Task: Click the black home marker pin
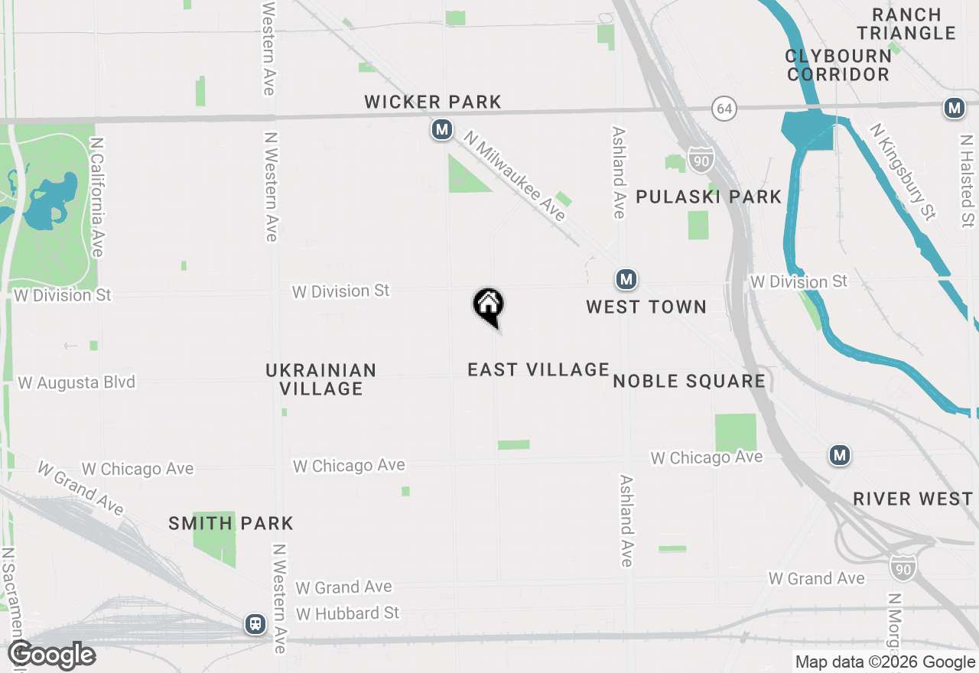[488, 307]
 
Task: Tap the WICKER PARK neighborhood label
[433, 102]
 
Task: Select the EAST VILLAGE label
[538, 369]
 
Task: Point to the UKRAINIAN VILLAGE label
[321, 379]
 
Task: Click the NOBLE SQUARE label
[689, 381]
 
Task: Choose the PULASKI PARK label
[709, 197]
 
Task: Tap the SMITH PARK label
[231, 524]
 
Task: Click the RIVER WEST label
[913, 499]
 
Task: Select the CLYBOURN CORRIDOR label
[838, 65]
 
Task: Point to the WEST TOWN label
[646, 307]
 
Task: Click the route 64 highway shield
[724, 109]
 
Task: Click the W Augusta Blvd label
[76, 382]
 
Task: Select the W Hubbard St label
[348, 613]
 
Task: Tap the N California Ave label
[96, 197]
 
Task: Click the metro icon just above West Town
[626, 280]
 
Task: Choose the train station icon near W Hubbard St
[255, 624]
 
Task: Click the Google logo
[52, 655]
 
